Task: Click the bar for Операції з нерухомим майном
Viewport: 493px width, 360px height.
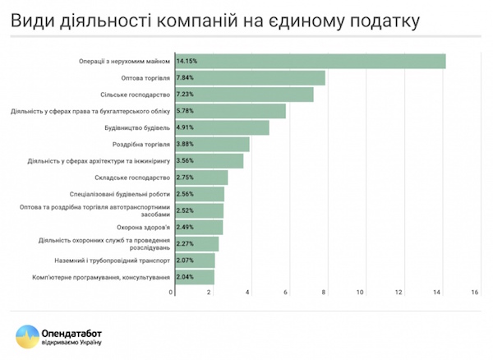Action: coord(309,62)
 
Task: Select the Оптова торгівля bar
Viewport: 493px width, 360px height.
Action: coord(249,78)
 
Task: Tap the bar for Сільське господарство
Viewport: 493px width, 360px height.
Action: coord(243,95)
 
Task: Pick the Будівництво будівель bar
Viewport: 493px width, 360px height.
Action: coord(221,128)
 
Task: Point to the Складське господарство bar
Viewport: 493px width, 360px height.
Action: coord(200,178)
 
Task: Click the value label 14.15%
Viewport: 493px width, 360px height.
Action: coord(187,62)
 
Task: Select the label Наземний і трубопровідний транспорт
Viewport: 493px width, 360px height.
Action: coord(119,261)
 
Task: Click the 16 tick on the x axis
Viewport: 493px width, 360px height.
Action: coord(474,292)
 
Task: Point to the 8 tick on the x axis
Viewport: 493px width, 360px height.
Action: coord(324,292)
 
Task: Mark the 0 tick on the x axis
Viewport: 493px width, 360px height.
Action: coord(173,292)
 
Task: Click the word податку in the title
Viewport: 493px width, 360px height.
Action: coord(388,19)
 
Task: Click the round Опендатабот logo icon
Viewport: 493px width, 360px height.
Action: coord(28,336)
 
